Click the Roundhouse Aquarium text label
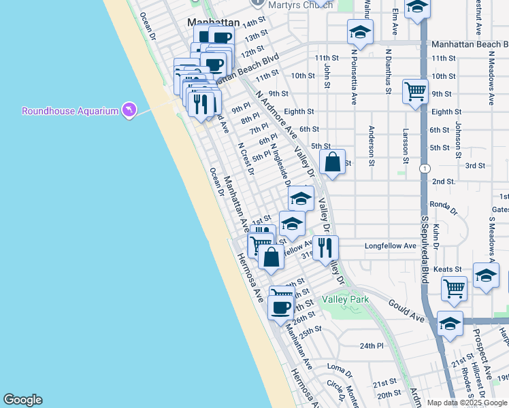click(x=70, y=111)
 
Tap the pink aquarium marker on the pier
click(x=129, y=109)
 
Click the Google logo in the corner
click(x=22, y=400)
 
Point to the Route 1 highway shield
click(x=425, y=169)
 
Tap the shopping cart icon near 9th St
click(x=415, y=91)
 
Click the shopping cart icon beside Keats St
click(x=454, y=287)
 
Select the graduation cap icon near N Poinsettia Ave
click(x=361, y=32)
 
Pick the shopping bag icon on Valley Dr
click(x=332, y=163)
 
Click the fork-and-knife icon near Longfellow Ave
click(x=325, y=248)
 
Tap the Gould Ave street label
click(x=406, y=311)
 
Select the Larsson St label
click(x=406, y=147)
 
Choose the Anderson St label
click(x=372, y=145)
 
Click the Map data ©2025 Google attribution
click(x=465, y=403)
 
